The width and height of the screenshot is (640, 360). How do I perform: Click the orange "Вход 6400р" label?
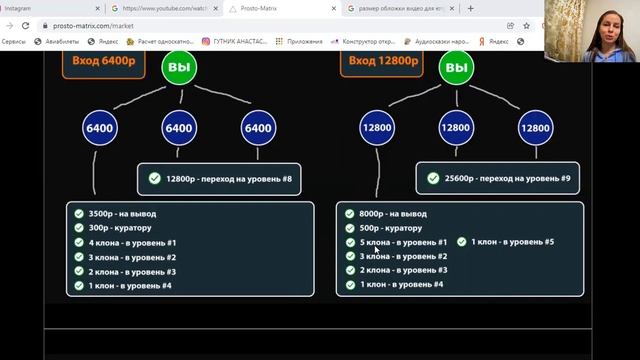click(x=104, y=60)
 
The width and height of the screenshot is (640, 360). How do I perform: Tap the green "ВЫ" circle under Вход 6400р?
click(x=179, y=68)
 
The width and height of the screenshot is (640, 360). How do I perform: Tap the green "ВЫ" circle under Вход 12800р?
click(x=456, y=68)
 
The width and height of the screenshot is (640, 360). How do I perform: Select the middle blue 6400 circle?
click(x=178, y=128)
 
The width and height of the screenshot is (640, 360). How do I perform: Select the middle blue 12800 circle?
click(x=456, y=128)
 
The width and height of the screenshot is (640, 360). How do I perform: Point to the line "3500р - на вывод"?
click(x=122, y=214)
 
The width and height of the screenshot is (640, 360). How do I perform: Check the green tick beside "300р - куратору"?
click(x=79, y=228)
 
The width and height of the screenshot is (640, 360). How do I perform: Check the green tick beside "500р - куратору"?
click(x=349, y=228)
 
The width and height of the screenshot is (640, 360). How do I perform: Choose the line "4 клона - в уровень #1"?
click(x=132, y=242)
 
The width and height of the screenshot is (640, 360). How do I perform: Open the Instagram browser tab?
click(x=30, y=8)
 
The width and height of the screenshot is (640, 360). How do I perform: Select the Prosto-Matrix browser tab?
click(x=265, y=8)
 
